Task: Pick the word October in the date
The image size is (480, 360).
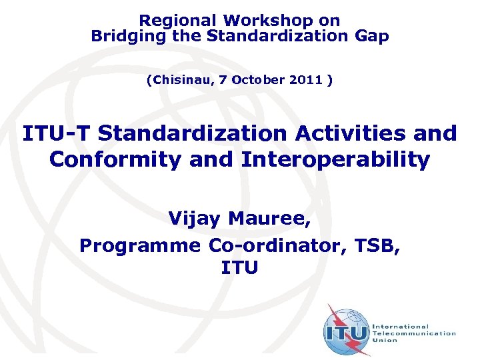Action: click(x=261, y=80)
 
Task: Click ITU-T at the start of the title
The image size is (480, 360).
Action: click(x=56, y=133)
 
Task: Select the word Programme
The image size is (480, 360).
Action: click(x=139, y=245)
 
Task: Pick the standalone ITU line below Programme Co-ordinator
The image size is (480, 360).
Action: click(x=239, y=268)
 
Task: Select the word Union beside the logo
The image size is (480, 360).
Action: click(x=385, y=341)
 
